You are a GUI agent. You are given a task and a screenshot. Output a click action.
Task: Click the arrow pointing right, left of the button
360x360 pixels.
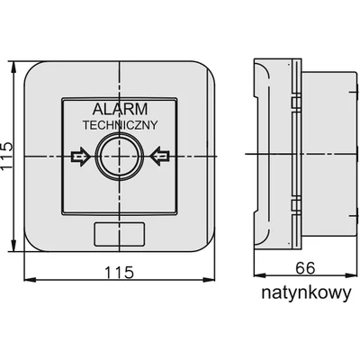coord(79,157)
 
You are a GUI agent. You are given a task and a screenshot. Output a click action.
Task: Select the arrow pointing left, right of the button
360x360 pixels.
coord(160,157)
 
